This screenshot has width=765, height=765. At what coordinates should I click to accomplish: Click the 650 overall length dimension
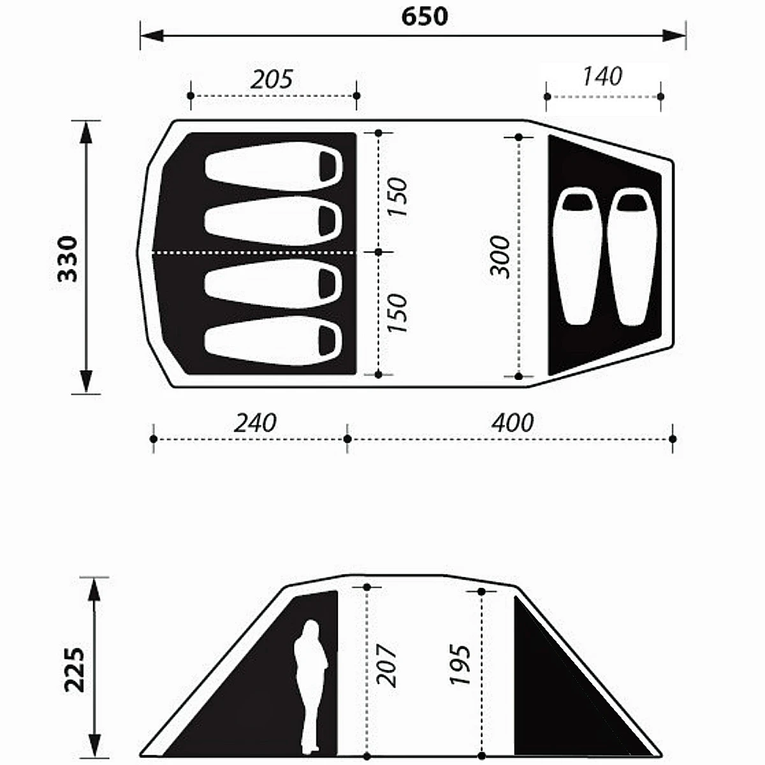tap(425, 17)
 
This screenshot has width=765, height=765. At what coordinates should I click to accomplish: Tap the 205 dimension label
tap(272, 79)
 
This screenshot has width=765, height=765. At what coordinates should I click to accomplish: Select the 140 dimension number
tap(602, 76)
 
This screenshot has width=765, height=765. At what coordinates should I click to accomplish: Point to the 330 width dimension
tap(68, 258)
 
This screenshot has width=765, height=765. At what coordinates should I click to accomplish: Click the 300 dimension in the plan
tap(500, 256)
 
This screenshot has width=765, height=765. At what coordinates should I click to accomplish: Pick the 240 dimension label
tap(255, 423)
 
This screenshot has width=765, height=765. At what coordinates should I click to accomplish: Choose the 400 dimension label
tap(513, 423)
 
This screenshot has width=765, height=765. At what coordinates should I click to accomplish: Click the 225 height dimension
tap(75, 670)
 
